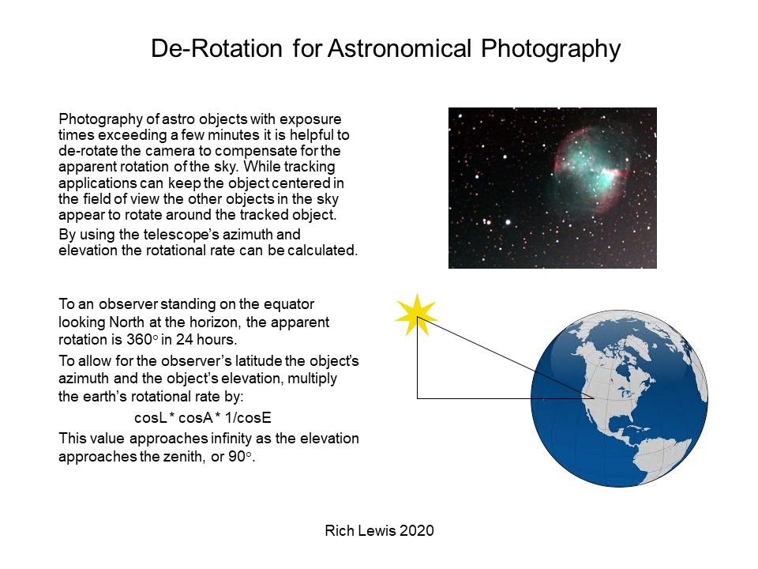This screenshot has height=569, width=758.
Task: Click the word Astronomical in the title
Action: tap(399, 48)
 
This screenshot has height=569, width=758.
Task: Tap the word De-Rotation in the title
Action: tap(216, 48)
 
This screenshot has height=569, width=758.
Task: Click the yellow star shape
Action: tap(416, 315)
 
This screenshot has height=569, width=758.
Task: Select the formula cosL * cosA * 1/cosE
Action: tap(203, 417)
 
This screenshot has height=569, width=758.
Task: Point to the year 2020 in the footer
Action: tap(417, 531)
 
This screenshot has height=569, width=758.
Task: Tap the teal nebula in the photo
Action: tap(591, 169)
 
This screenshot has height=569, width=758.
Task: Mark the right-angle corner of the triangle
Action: tap(417, 398)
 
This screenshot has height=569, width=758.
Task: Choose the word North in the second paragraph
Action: tap(126, 322)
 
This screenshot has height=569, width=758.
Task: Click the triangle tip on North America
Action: tap(594, 398)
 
